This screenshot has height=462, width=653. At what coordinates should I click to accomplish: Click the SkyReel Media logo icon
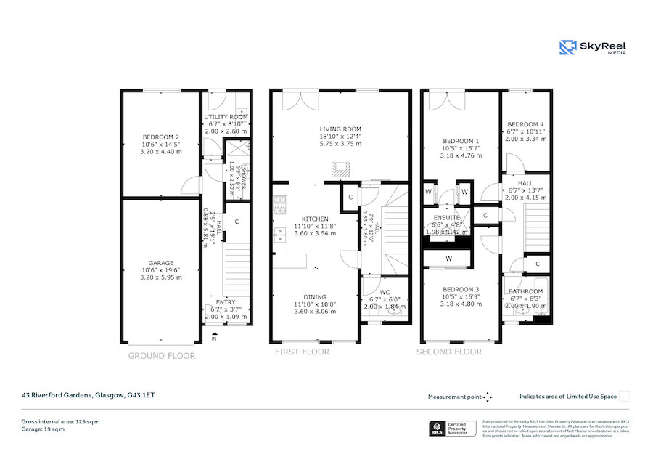567,48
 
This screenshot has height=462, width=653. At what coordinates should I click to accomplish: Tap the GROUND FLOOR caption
162,356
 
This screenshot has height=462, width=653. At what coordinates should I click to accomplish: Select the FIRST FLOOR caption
302,352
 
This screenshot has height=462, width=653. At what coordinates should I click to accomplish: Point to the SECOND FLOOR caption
448,352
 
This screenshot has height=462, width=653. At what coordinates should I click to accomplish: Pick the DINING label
315,296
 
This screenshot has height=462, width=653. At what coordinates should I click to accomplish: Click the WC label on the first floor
385,292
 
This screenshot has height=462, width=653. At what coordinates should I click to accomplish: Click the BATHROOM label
525,291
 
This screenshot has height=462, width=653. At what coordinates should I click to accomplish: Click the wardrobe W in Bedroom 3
448,258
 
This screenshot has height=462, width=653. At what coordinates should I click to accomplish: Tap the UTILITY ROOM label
226,117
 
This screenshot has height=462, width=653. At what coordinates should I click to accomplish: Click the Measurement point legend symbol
488,397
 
